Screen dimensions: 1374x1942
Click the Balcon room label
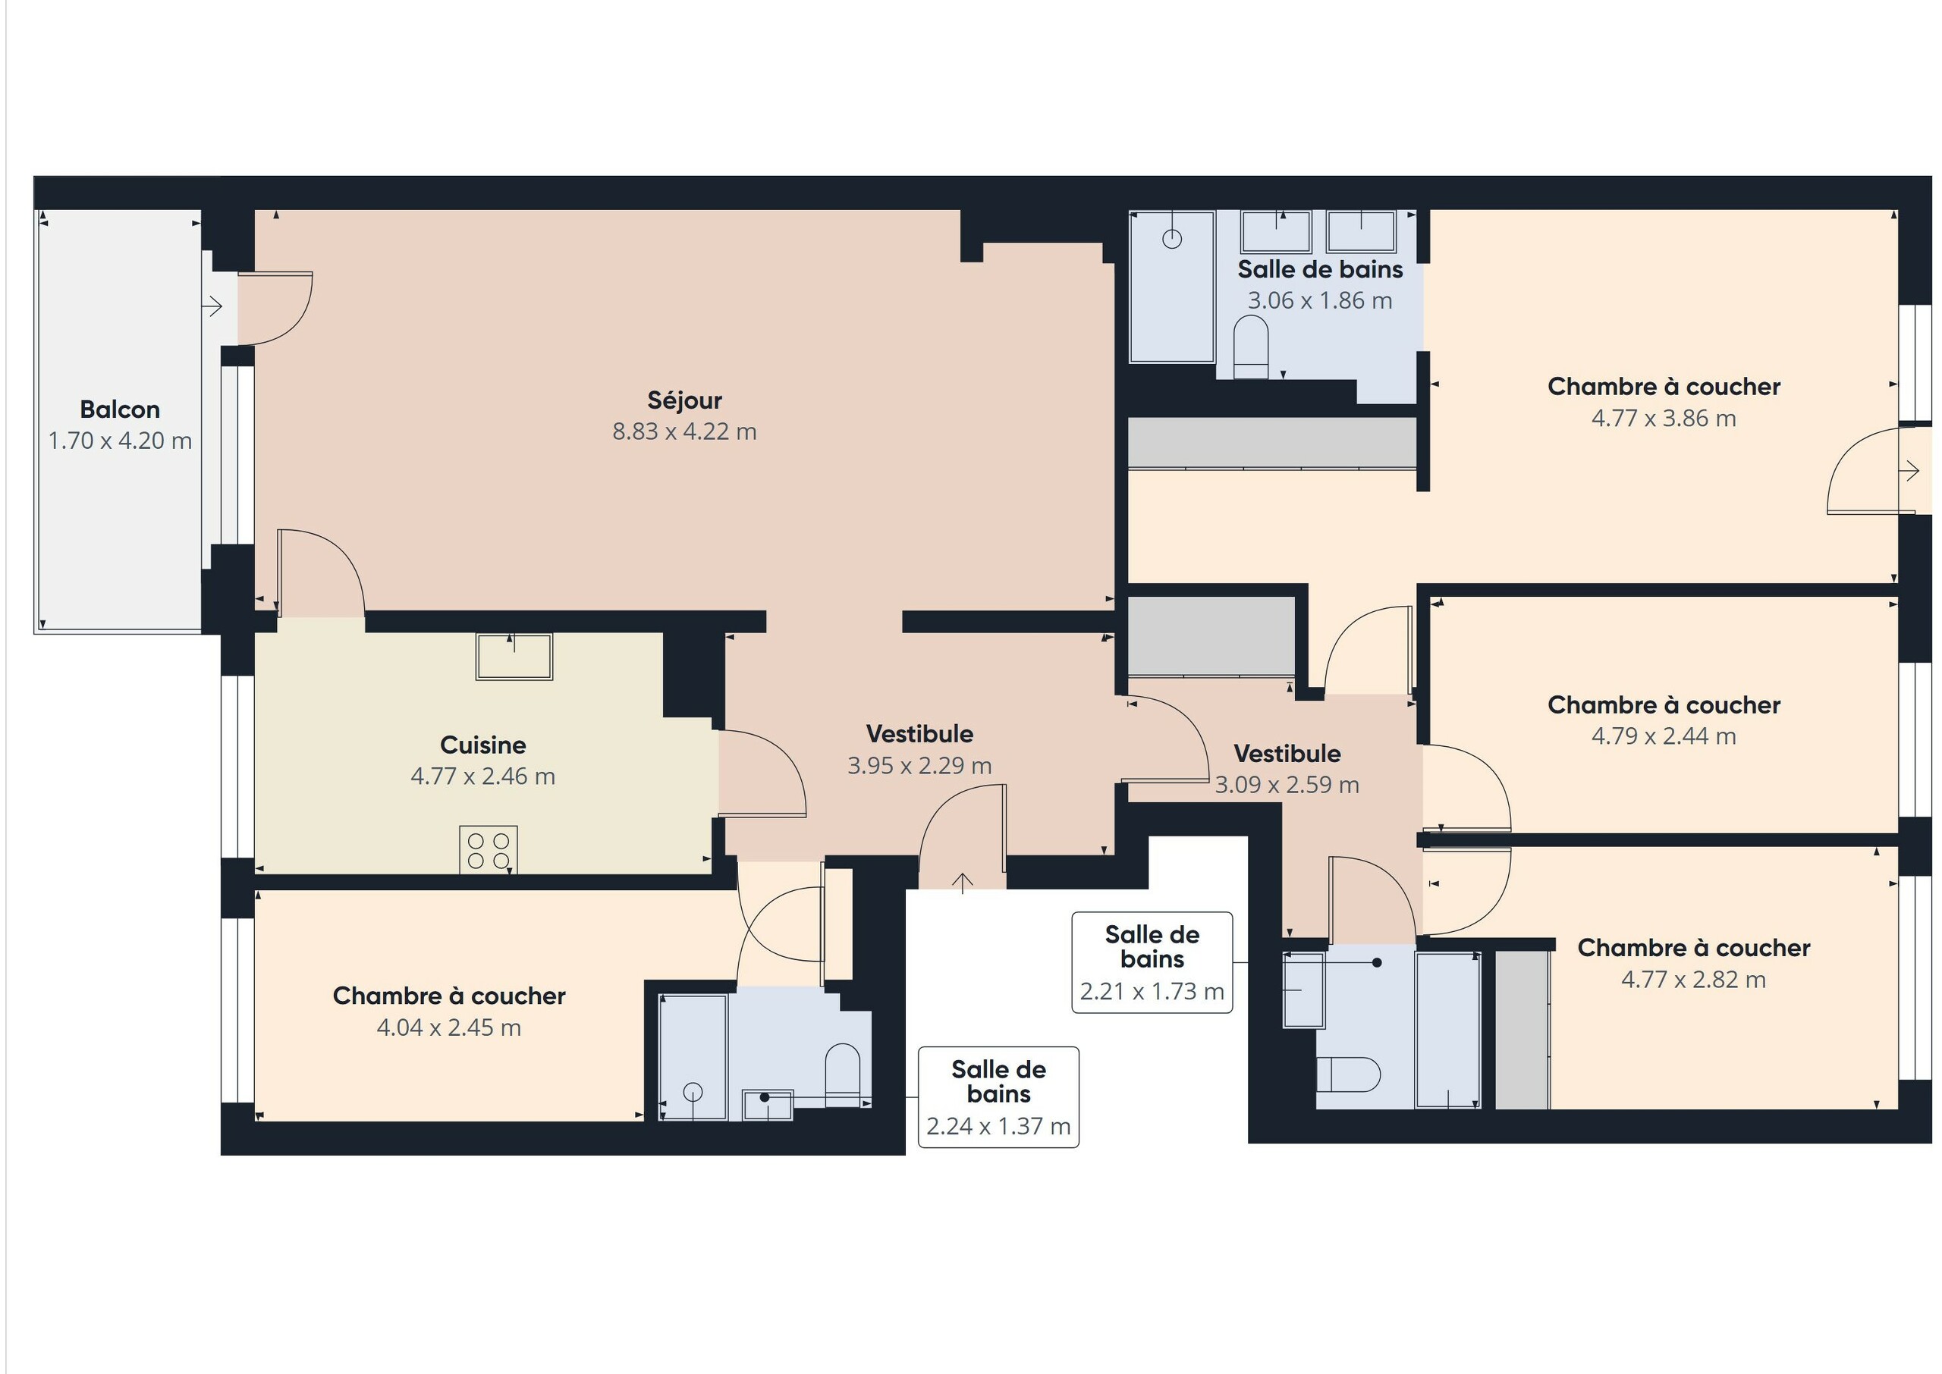[x=119, y=409]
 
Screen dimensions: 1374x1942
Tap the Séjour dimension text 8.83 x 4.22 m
[x=683, y=431]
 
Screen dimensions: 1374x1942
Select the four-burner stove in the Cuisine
[x=489, y=849]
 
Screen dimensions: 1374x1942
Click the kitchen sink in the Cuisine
[x=514, y=657]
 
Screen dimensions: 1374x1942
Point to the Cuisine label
[x=482, y=745]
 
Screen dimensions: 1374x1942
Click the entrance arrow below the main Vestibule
[x=962, y=883]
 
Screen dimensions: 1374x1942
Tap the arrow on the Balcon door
[x=212, y=306]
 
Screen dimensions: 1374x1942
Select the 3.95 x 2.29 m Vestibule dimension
[x=919, y=766]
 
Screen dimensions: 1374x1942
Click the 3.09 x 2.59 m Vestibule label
[x=1287, y=753]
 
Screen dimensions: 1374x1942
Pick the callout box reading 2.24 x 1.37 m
[x=998, y=1096]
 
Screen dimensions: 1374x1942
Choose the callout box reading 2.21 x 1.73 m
[x=1152, y=962]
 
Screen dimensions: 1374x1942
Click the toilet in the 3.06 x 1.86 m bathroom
[x=1251, y=347]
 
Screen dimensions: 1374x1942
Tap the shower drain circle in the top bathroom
[x=1171, y=240]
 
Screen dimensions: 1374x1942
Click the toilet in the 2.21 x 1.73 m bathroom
[x=1348, y=1074]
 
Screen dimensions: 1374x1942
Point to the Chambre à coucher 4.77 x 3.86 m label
[x=1663, y=387]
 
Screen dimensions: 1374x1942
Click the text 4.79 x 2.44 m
[x=1663, y=736]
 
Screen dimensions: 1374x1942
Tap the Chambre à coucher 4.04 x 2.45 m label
[x=448, y=996]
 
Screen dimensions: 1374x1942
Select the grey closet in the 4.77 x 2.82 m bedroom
[x=1522, y=1029]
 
